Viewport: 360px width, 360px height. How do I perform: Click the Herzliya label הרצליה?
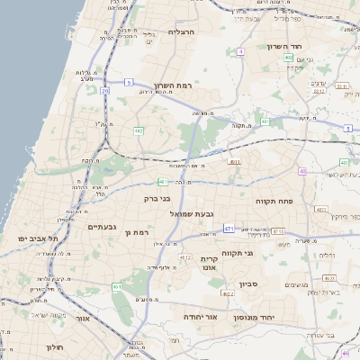click(x=181, y=31)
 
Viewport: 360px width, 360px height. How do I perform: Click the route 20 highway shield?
click(x=105, y=91)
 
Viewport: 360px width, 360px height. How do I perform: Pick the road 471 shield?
click(x=229, y=228)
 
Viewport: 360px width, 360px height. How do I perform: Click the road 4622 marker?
click(x=227, y=293)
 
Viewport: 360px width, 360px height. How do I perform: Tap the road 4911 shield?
click(x=235, y=161)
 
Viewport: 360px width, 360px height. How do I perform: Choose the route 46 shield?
click(x=345, y=353)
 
